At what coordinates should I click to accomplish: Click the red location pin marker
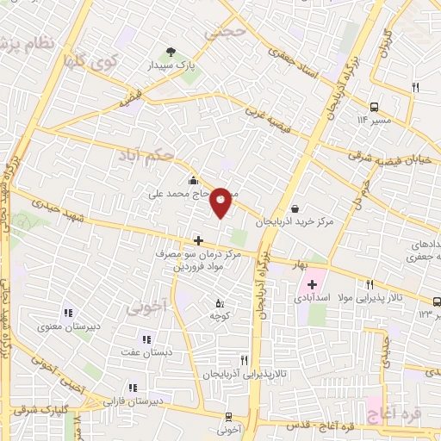[x=220, y=202]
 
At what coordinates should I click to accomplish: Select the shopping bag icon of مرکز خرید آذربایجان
[x=295, y=208]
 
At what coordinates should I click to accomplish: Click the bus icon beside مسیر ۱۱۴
[x=375, y=107]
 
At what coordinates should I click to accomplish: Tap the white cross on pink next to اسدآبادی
[x=312, y=283]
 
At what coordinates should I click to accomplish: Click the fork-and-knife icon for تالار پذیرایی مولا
[x=370, y=284]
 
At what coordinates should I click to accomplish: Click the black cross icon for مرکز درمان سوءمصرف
[x=198, y=240]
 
